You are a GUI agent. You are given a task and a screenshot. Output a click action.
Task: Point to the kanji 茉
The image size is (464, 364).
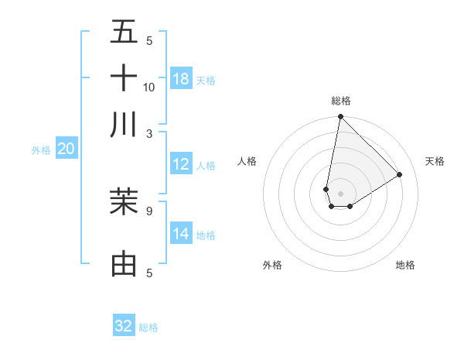pos(124,201)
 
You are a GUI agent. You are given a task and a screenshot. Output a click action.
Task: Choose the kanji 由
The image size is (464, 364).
pos(124,263)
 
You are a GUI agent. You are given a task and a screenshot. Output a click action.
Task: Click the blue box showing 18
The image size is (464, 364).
pos(181,78)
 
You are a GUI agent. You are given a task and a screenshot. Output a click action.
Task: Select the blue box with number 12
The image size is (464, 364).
pos(181,163)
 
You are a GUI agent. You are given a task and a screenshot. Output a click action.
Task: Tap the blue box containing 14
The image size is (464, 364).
pos(181,233)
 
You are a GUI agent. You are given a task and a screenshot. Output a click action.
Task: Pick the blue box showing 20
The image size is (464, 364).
pos(66,149)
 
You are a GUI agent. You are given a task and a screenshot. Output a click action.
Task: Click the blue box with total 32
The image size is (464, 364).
pos(124,326)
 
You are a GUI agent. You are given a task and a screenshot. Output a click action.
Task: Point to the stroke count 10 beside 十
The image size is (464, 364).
pos(149,87)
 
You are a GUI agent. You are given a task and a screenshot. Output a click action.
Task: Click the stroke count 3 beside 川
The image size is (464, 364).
pos(149,133)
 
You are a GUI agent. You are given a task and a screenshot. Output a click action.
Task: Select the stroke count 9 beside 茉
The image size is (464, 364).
pos(149,210)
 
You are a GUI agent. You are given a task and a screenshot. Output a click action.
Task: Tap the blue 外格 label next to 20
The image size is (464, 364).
pos(40,150)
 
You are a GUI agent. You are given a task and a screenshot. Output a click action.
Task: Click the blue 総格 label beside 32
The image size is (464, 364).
pos(148,328)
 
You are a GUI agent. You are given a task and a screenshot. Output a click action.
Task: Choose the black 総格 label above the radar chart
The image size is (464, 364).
pos(341,101)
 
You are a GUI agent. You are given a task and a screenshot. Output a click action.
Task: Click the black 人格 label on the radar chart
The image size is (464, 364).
pos(247,161)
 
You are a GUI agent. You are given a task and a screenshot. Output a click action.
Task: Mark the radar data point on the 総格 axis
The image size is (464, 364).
pos(340,118)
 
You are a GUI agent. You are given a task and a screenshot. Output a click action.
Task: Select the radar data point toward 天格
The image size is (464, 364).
pos(400,174)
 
